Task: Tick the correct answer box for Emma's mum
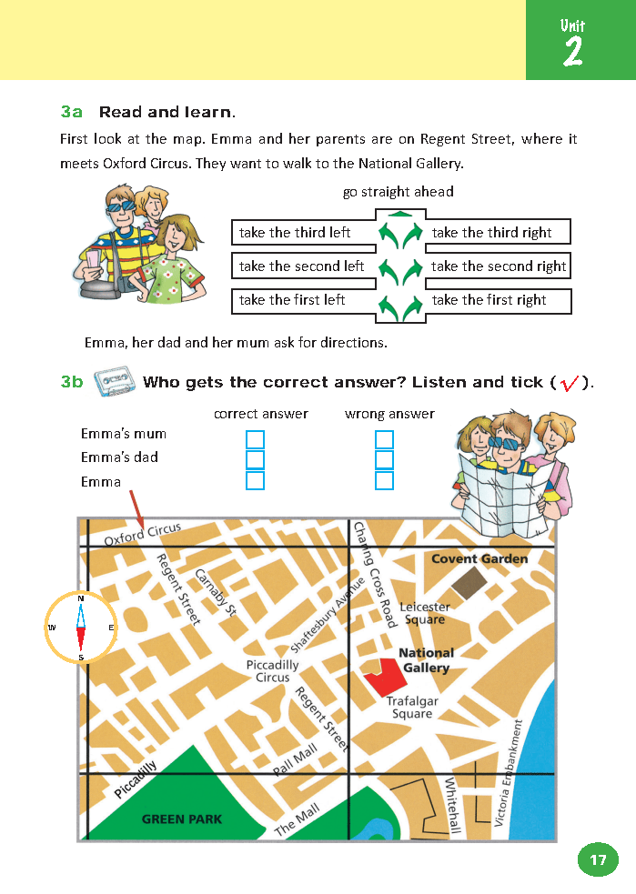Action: point(255,439)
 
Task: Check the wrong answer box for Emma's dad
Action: point(384,460)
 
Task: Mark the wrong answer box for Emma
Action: point(384,480)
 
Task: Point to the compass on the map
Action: point(81,628)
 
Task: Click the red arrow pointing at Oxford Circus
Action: point(137,507)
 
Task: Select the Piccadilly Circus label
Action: point(272,671)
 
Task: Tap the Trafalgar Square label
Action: point(412,708)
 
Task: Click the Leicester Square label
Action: point(425,613)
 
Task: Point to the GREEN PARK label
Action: point(182,819)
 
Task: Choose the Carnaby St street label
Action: point(217,593)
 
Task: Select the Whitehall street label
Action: point(453,805)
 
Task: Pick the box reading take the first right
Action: point(498,300)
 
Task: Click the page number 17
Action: point(597,859)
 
